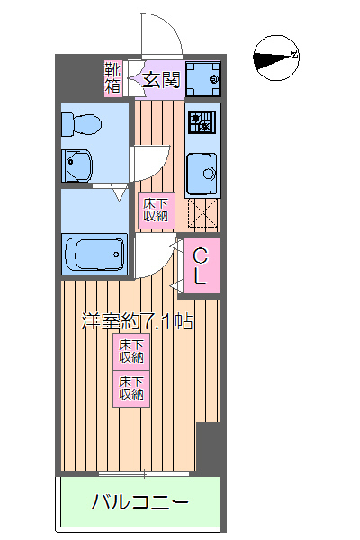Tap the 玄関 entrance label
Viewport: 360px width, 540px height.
click(x=163, y=80)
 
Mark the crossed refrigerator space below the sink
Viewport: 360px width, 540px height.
click(x=202, y=215)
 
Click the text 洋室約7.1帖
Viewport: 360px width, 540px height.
click(x=137, y=319)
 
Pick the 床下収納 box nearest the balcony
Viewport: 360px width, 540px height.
click(x=131, y=388)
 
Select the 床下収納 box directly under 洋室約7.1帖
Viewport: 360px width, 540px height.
click(x=131, y=352)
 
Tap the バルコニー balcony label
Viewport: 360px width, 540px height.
click(x=139, y=501)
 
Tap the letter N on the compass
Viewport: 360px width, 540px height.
click(x=294, y=56)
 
